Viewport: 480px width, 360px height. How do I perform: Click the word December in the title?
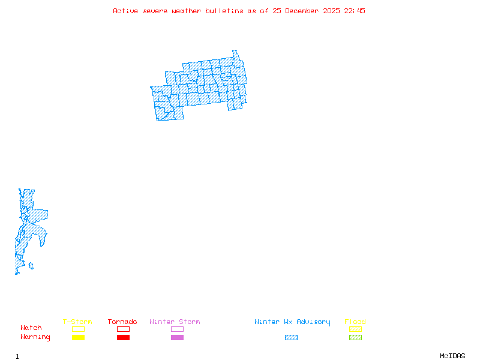click(x=305, y=11)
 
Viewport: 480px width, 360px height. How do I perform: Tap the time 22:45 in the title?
click(x=354, y=11)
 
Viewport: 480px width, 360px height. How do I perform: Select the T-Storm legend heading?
click(x=77, y=322)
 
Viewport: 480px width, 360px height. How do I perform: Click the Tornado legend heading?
click(x=122, y=322)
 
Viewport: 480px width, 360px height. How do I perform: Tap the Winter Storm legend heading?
click(x=175, y=322)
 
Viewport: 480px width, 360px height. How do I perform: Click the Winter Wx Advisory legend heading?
click(x=292, y=322)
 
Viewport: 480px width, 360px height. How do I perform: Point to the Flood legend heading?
click(x=355, y=322)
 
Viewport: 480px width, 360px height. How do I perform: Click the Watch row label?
click(x=31, y=328)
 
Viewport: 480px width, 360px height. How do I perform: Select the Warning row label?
click(x=35, y=337)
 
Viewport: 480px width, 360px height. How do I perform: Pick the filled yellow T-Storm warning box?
click(x=78, y=337)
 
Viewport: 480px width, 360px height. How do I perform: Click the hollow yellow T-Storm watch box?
click(x=78, y=329)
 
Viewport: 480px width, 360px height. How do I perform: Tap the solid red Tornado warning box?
click(x=123, y=337)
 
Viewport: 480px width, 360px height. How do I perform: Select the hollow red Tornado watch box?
click(x=123, y=329)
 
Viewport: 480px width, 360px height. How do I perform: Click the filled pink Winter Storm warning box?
click(x=177, y=337)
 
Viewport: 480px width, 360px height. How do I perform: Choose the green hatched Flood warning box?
click(x=355, y=337)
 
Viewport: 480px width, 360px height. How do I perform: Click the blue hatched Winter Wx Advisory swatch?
click(x=291, y=337)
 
